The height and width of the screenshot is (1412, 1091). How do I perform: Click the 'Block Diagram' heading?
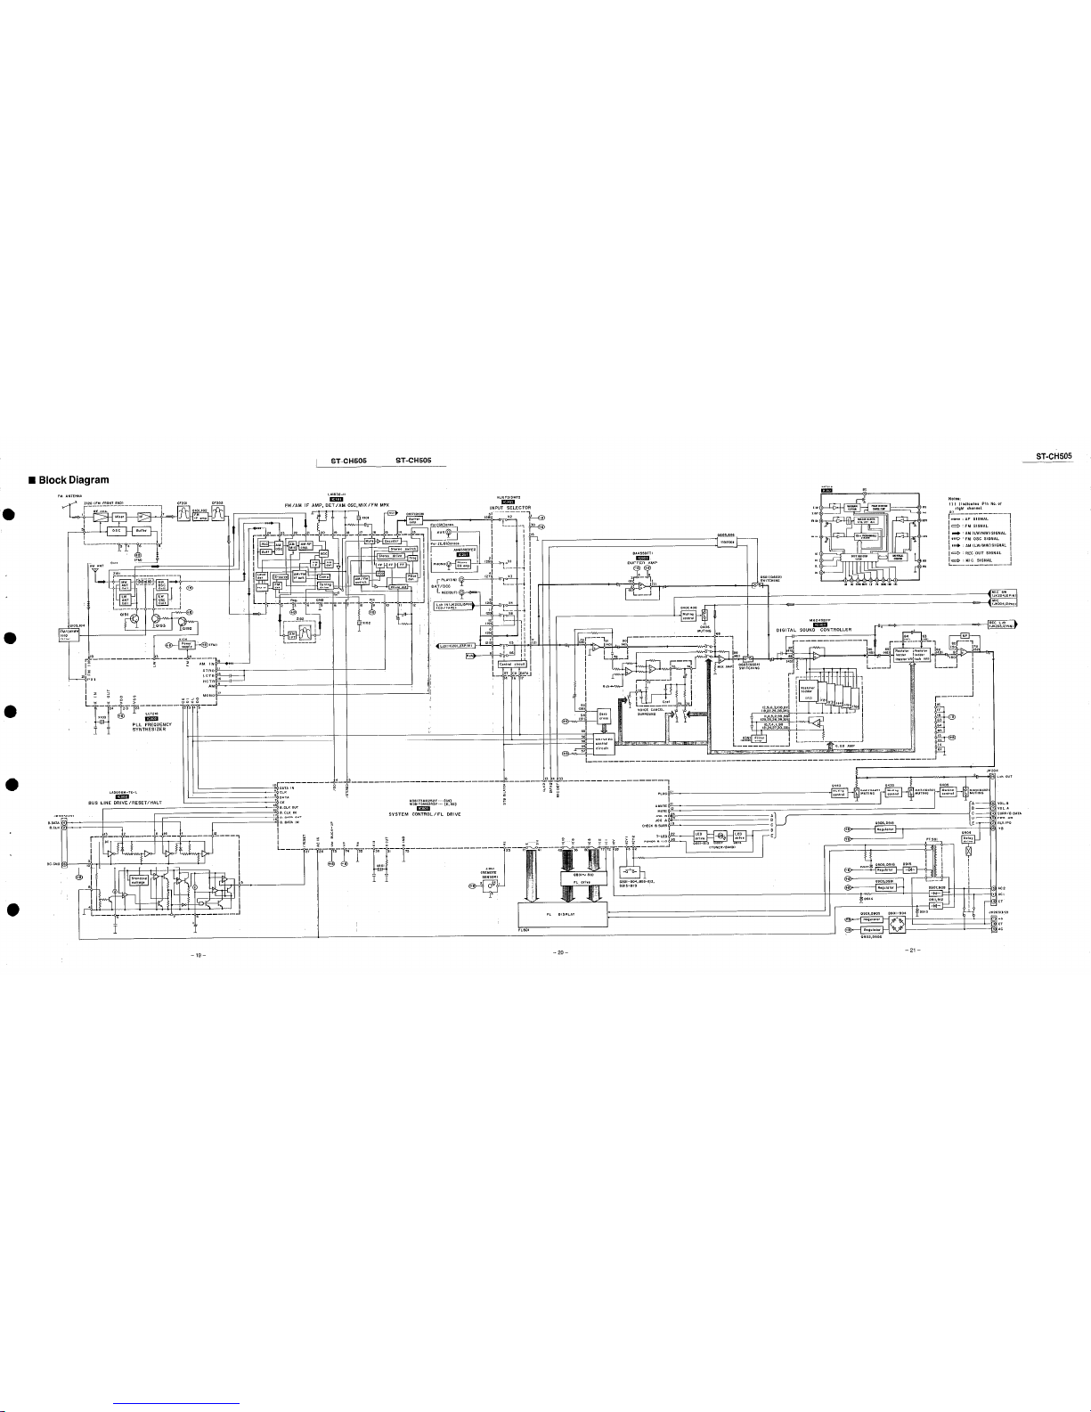tap(73, 480)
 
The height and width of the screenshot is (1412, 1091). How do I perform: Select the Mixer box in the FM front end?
tap(119, 517)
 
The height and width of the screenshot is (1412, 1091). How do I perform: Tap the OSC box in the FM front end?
tap(116, 530)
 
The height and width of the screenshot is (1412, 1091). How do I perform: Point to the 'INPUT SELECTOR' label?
tap(510, 508)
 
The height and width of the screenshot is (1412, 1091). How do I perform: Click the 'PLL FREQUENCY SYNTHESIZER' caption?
tap(151, 727)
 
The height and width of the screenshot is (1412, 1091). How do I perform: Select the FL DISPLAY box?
tap(561, 914)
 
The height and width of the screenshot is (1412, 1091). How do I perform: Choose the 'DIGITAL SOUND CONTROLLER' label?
tap(814, 605)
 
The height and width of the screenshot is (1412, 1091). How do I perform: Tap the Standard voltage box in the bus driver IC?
tap(139, 880)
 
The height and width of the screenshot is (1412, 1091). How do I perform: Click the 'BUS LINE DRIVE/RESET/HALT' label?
tap(121, 802)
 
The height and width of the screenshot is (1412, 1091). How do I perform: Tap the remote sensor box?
tap(488, 884)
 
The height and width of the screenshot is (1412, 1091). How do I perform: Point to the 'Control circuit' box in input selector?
tap(510, 664)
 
